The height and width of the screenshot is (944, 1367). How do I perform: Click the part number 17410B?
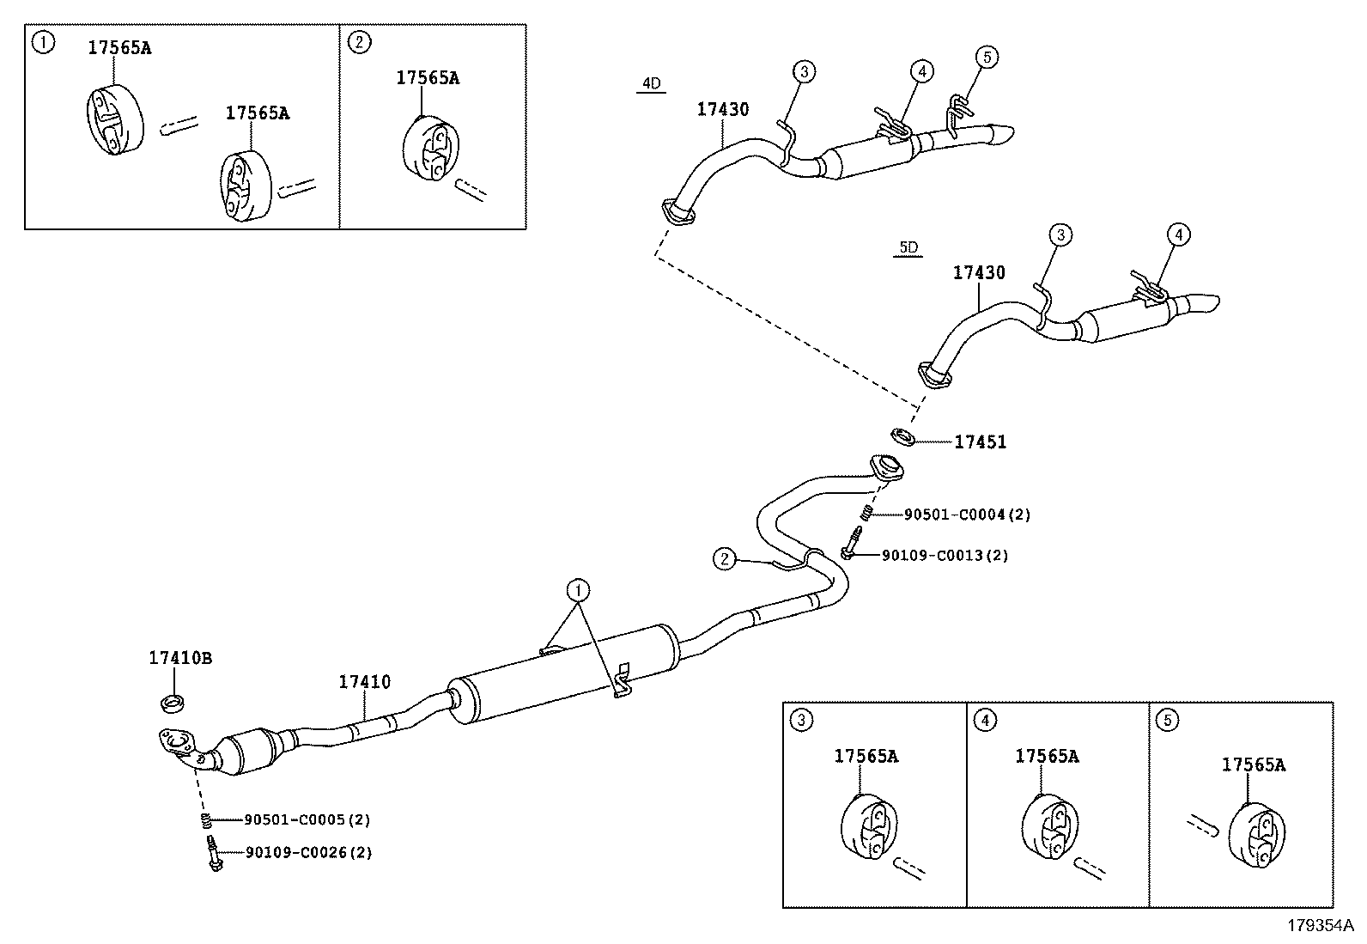point(179,659)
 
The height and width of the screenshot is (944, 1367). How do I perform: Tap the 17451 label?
point(980,442)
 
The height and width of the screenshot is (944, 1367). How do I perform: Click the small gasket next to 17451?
point(902,436)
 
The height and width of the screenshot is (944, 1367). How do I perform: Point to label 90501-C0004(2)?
point(967,515)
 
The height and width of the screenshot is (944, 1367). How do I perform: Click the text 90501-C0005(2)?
point(307,819)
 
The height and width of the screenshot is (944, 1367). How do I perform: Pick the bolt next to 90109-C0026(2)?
point(212,856)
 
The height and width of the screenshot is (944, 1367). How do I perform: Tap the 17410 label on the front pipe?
point(364,682)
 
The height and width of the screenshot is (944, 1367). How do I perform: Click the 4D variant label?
point(651,83)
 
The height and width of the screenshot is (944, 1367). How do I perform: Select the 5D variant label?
point(908,248)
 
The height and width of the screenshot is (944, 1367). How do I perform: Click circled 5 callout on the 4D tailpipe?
point(987,58)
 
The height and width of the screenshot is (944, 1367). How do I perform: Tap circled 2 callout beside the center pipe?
point(725,559)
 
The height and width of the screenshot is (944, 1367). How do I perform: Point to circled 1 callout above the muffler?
point(578,590)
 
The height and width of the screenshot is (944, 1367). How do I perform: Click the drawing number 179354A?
point(1319,926)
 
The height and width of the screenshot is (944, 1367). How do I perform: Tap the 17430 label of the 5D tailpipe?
point(979,273)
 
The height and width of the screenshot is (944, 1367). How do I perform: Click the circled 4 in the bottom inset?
point(985,720)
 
